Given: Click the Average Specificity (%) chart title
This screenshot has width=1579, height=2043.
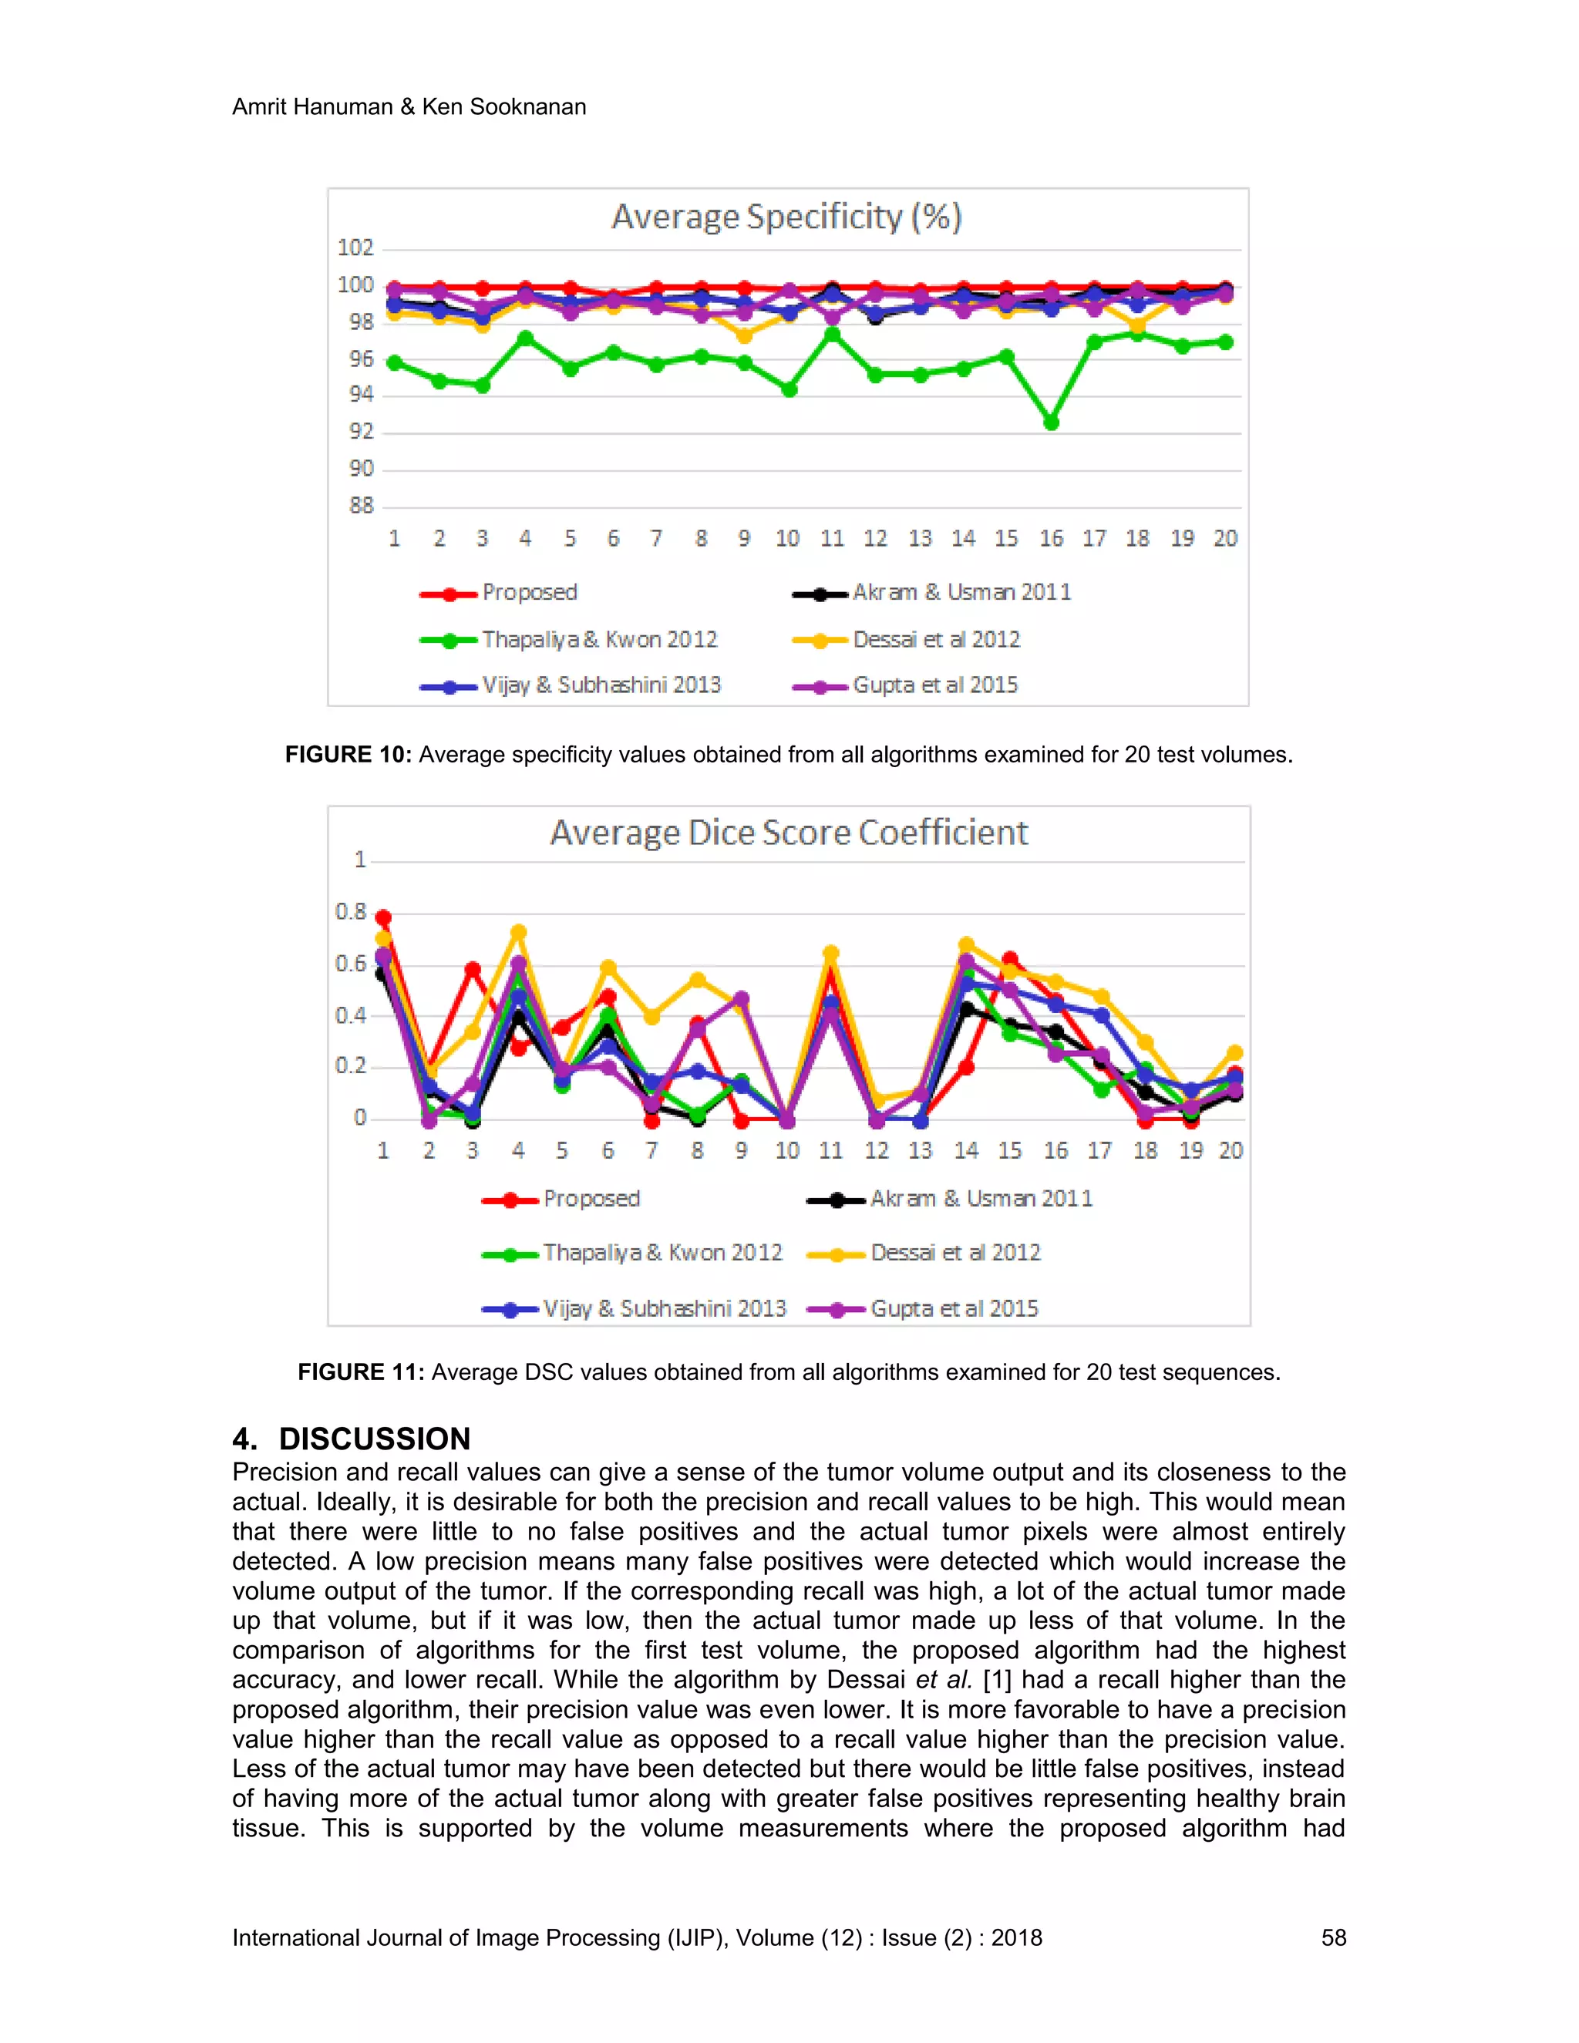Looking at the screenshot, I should tap(786, 217).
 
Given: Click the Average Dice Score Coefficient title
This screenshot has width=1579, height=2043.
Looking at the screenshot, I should tap(789, 833).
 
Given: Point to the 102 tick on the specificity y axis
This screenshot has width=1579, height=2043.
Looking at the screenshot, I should tap(355, 248).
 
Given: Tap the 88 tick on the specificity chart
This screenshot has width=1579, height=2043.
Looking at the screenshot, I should tap(361, 506).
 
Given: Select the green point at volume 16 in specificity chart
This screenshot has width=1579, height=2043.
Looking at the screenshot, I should tap(1051, 422).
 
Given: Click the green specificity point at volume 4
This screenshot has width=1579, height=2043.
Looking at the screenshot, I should tap(526, 338).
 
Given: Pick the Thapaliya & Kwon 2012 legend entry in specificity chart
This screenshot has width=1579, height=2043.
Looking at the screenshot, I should tap(598, 640).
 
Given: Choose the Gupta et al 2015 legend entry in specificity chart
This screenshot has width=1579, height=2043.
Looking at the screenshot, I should tap(934, 685).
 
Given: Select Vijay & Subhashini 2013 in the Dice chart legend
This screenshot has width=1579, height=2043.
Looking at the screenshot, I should tap(664, 1309).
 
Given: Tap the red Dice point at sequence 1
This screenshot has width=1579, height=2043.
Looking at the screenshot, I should tap(383, 917).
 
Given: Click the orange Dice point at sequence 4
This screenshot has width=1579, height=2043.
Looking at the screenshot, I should tap(518, 933).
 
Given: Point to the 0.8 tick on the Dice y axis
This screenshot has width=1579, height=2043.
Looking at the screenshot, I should tap(351, 912).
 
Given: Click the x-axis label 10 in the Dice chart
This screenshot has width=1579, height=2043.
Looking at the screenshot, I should tap(786, 1150).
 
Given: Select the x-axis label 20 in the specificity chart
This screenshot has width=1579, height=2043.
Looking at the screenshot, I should tap(1225, 539).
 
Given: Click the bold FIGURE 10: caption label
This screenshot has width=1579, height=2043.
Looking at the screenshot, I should tap(348, 755).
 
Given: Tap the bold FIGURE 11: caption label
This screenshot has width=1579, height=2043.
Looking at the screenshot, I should tap(361, 1372).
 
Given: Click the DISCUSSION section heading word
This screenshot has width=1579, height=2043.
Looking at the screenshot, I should tap(374, 1439).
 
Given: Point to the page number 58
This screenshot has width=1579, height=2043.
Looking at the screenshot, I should tap(1333, 1937).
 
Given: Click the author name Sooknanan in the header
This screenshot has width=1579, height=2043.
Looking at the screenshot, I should tap(527, 106).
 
